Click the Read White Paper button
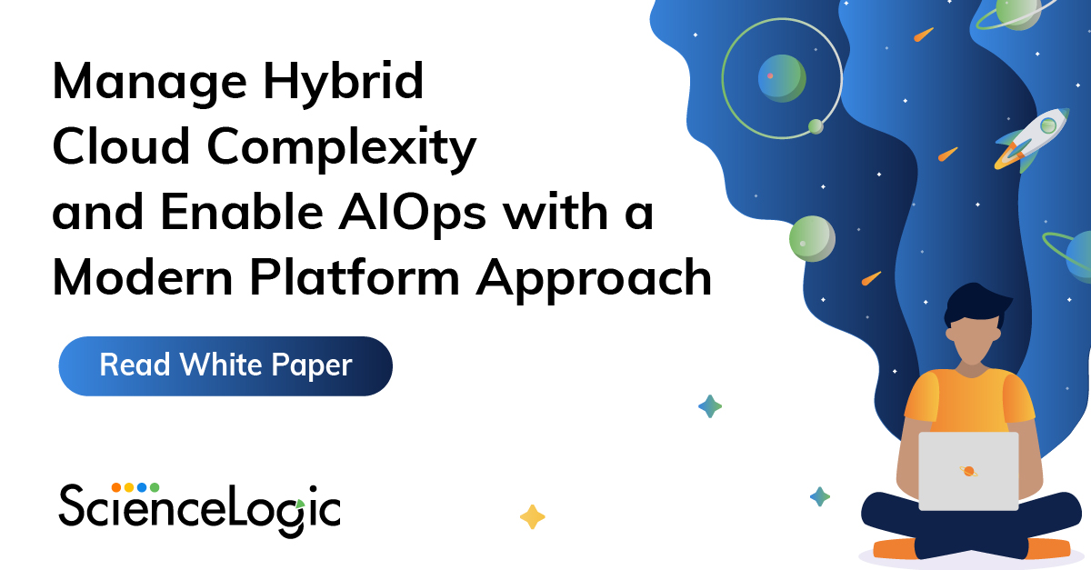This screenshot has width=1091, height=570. [225, 366]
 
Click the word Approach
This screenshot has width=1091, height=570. [601, 280]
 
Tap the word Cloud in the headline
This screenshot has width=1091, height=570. [113, 149]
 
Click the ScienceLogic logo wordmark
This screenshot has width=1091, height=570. [200, 508]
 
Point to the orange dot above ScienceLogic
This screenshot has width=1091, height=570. [116, 487]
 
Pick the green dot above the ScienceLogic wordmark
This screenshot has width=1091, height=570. [155, 487]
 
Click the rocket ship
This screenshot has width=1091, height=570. [1033, 137]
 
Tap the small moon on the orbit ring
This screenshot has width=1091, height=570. [816, 126]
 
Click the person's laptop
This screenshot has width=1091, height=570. [967, 471]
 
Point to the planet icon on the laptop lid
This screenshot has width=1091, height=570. [968, 471]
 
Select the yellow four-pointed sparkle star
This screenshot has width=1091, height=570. [532, 517]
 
